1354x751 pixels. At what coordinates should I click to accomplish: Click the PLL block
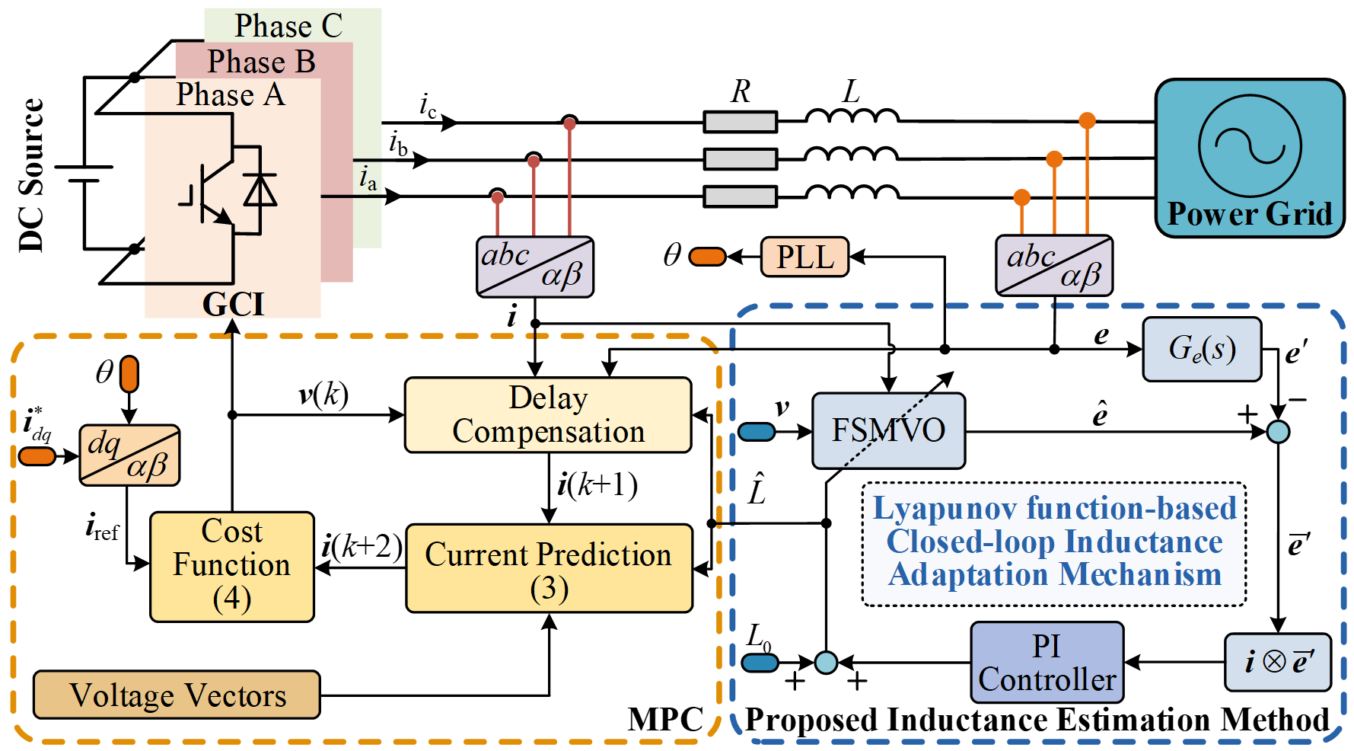(804, 257)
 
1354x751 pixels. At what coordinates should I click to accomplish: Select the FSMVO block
(888, 430)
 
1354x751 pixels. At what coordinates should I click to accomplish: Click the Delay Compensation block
(548, 415)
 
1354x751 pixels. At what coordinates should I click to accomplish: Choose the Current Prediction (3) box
(549, 568)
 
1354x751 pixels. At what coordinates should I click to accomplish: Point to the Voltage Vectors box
(177, 695)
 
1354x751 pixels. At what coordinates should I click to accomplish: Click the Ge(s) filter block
(1202, 349)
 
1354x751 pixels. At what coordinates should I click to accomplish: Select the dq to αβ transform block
(129, 455)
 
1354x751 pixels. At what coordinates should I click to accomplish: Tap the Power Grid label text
(1250, 214)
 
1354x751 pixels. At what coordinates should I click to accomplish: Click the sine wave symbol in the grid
(1250, 145)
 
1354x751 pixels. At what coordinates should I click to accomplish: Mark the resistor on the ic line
(740, 122)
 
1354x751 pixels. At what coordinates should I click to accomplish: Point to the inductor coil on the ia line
(852, 193)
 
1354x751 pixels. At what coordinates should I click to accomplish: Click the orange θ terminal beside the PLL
(708, 257)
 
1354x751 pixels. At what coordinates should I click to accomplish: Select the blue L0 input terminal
(760, 662)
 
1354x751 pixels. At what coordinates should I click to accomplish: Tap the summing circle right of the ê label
(1278, 432)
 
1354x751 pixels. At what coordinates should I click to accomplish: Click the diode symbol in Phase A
(260, 190)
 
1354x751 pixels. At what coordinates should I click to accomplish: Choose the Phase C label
(288, 26)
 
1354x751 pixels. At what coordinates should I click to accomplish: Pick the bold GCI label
(233, 305)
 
